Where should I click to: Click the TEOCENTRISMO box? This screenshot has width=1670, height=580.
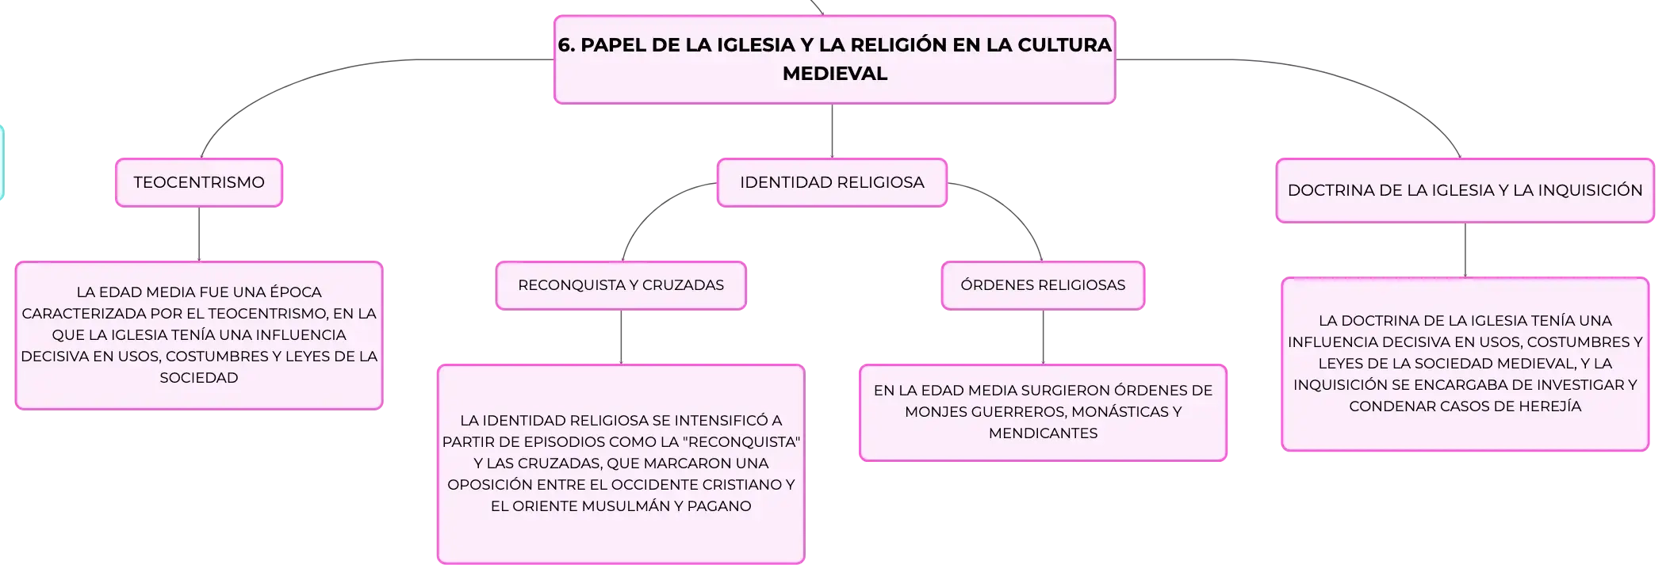199,183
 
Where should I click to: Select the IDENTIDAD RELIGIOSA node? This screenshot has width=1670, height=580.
832,183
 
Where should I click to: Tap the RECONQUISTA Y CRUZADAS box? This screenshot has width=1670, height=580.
621,285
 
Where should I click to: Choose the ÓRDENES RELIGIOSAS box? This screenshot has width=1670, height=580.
1043,285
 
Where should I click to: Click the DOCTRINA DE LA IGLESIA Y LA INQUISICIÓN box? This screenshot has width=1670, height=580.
1465,191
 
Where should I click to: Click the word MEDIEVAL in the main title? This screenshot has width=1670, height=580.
835,74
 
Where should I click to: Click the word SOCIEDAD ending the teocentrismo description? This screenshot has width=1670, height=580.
199,378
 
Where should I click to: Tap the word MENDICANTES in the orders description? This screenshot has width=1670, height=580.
1043,433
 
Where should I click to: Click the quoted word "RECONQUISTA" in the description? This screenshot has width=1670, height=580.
741,442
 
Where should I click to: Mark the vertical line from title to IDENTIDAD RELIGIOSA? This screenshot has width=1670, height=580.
832,131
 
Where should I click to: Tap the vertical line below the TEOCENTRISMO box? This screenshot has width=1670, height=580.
199,235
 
